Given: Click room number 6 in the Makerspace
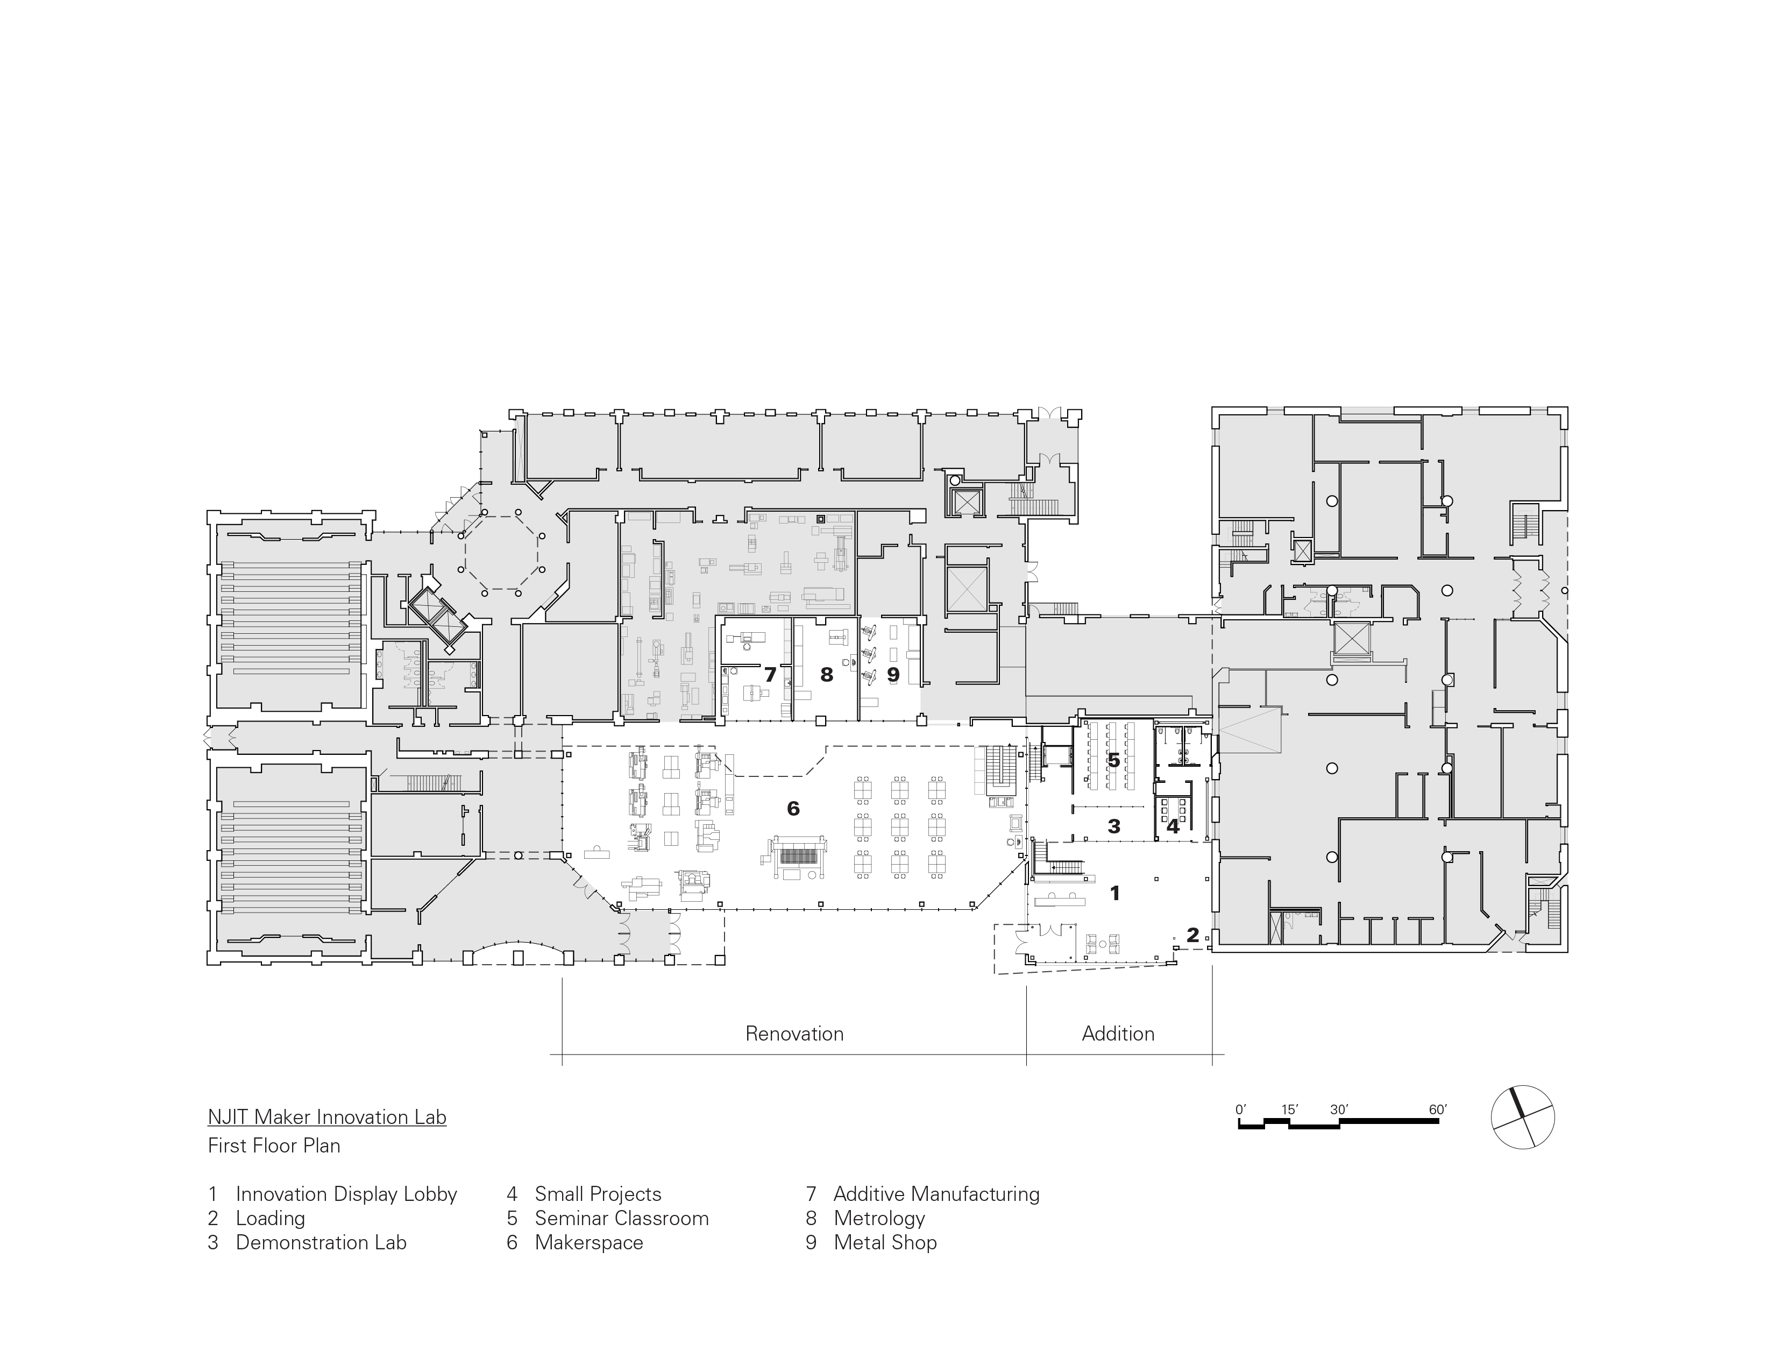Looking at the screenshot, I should point(793,808).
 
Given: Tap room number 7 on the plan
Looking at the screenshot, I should point(770,675).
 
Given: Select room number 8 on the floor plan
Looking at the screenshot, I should point(827,675).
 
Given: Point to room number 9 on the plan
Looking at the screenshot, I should point(892,675).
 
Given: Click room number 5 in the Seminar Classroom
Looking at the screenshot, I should point(1113,761).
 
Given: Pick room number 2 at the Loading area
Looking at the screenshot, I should point(1192,936).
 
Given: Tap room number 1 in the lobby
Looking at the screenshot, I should point(1115,893).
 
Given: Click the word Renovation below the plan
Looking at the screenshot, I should point(794,1034).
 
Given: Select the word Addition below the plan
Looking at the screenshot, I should point(1118,1034).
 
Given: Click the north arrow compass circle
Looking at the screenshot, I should point(1522,1117).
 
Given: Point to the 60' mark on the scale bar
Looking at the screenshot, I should point(1438,1109).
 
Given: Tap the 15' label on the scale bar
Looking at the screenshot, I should point(1290,1109).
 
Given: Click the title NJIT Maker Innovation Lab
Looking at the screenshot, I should point(326,1117).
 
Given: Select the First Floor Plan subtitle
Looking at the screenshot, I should point(274,1146).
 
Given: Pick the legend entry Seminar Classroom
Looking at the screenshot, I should point(622,1218).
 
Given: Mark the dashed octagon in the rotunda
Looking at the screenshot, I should point(501,553).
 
